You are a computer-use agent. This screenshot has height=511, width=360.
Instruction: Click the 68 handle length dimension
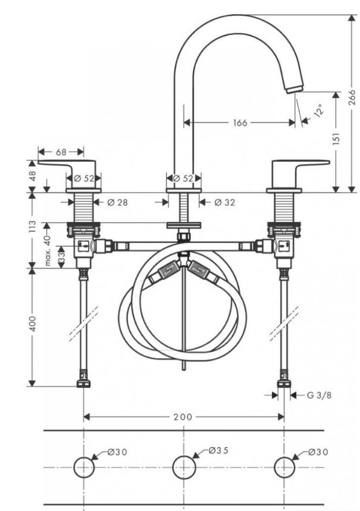point(61,152)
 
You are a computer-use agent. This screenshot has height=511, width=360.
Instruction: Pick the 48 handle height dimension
point(33,176)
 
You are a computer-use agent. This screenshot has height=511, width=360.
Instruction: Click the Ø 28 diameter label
point(117,203)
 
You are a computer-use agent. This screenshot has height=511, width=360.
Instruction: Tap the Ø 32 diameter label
point(225,203)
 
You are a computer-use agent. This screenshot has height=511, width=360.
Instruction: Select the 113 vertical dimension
point(33,227)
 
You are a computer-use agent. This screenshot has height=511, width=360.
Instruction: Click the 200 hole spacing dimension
point(183,416)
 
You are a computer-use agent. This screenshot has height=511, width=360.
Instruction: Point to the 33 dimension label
point(61,259)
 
